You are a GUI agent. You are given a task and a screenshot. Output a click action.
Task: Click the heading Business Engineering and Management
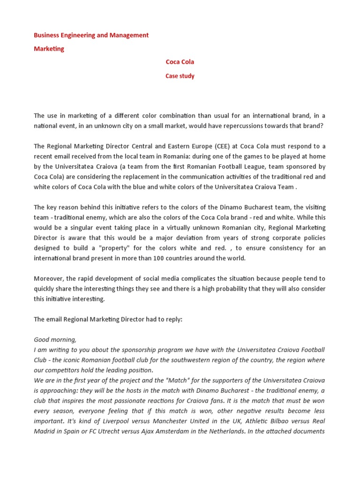click(91, 35)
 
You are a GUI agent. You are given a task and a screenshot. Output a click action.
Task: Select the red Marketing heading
click(49, 49)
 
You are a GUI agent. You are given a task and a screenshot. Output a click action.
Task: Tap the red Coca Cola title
click(180, 62)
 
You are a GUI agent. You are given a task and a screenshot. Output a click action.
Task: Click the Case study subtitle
click(180, 76)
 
